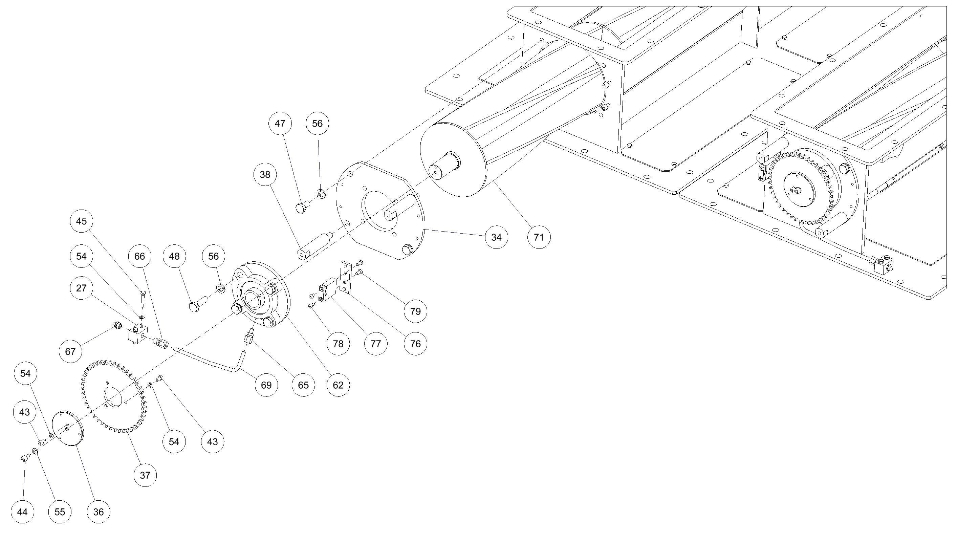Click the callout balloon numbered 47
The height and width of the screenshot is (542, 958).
coord(280,124)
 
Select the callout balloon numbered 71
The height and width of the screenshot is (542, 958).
coord(539,237)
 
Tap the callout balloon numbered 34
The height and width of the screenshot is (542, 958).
coord(497,237)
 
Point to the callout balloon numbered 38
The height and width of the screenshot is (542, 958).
coord(265,174)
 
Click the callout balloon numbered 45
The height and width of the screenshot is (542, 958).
coord(81,221)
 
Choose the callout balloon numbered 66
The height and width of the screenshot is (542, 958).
coord(139,256)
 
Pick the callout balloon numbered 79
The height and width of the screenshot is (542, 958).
coord(415,311)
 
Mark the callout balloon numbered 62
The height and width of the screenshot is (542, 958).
coord(338,385)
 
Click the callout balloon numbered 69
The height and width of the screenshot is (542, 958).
coord(266,385)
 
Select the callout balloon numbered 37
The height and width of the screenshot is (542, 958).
coord(145,475)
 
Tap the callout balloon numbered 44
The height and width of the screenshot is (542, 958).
coord(22,512)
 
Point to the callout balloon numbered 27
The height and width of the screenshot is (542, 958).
coord(81,288)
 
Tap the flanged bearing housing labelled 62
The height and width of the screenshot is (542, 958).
coord(261,294)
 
